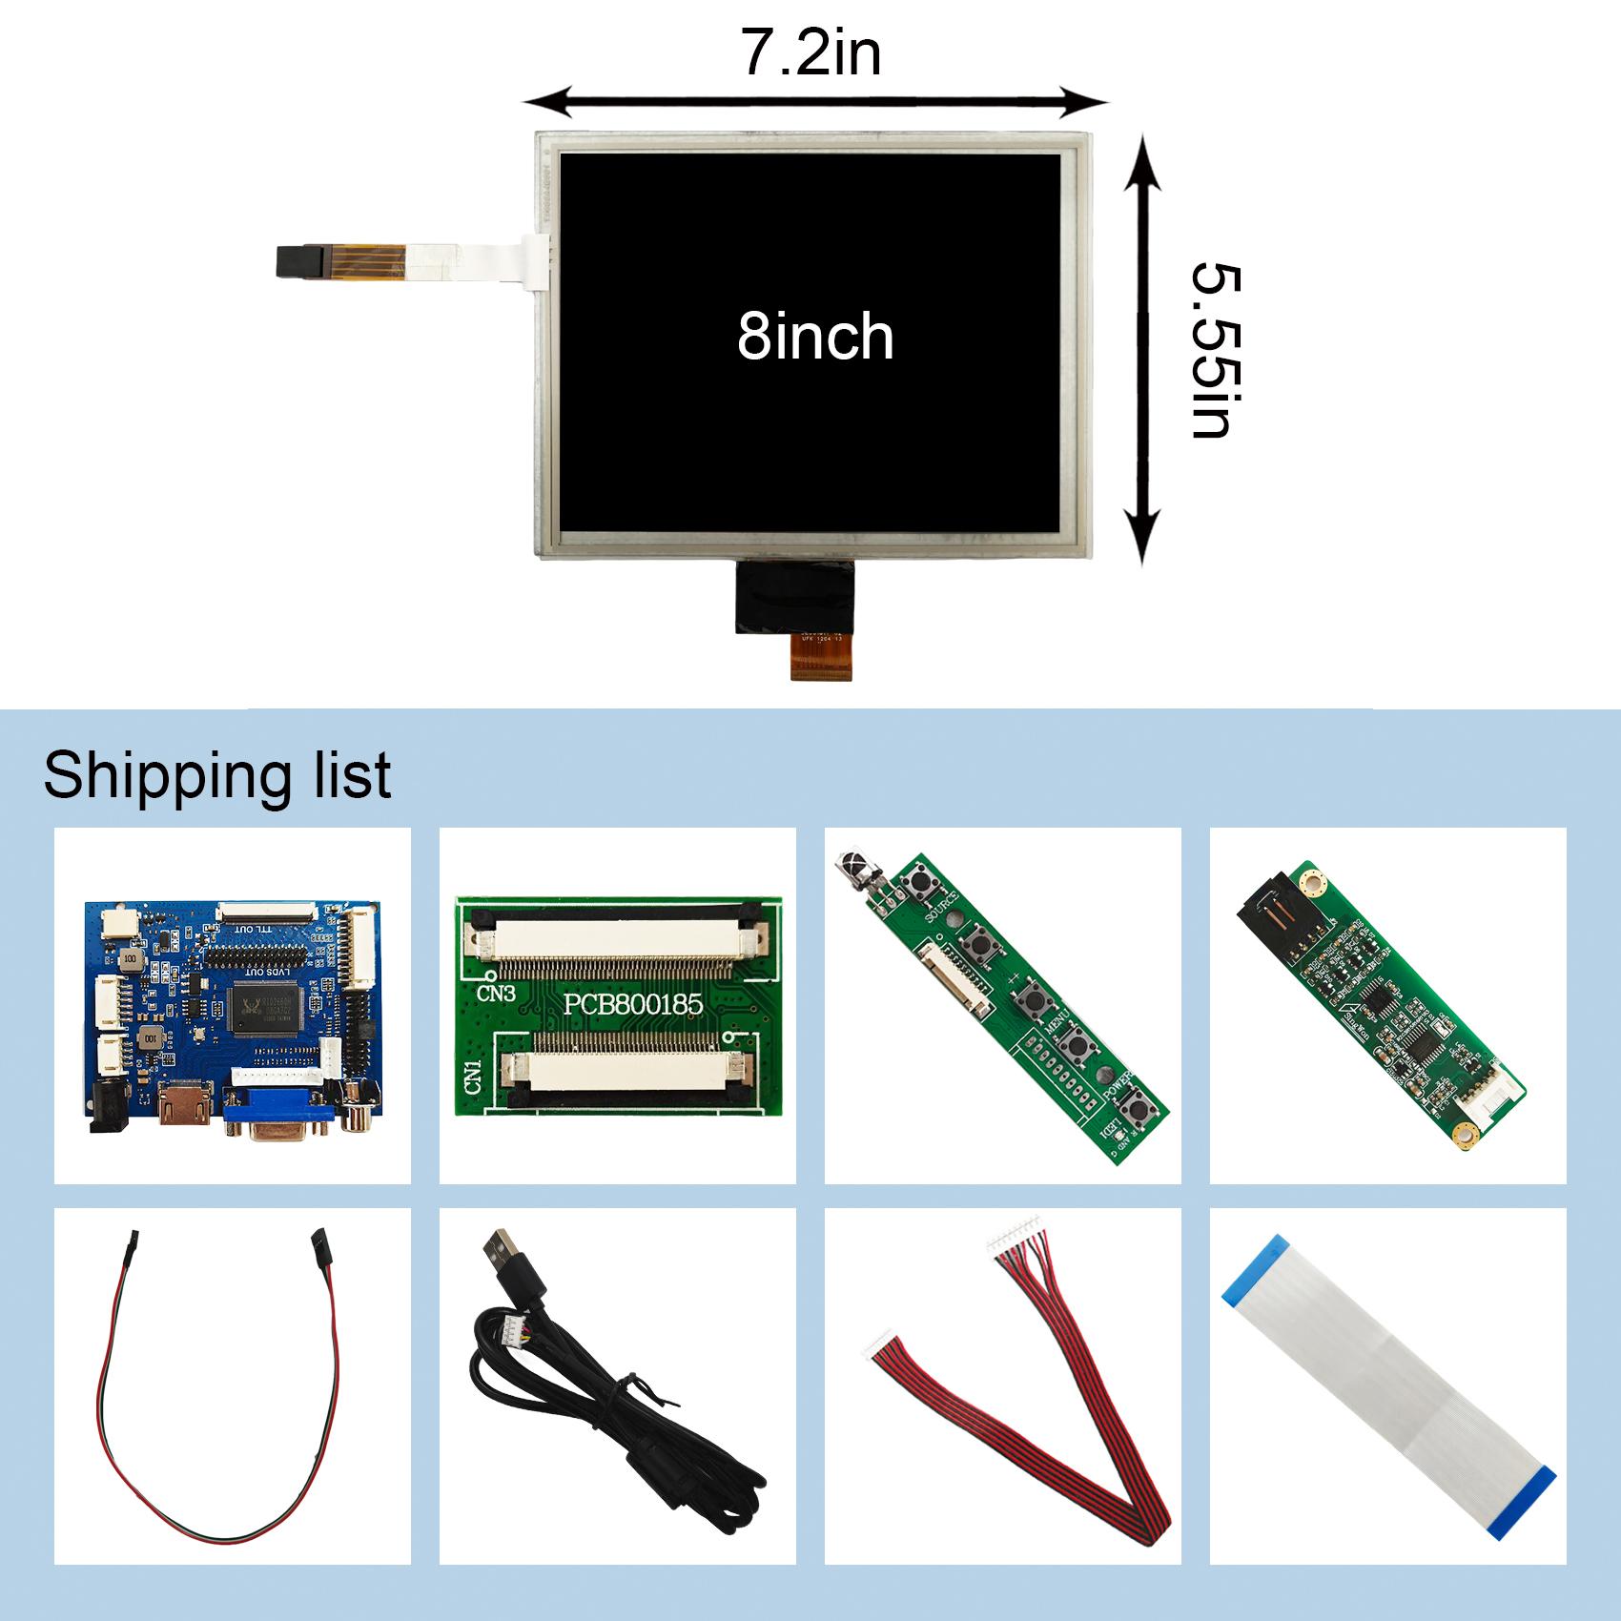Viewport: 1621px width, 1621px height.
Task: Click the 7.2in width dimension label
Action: [811, 54]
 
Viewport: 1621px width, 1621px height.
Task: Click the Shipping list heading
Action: [216, 775]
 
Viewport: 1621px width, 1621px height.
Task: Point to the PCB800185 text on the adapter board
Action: [632, 1004]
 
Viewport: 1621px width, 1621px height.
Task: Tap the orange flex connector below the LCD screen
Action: [820, 659]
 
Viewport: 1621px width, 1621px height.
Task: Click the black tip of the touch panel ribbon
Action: [298, 261]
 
